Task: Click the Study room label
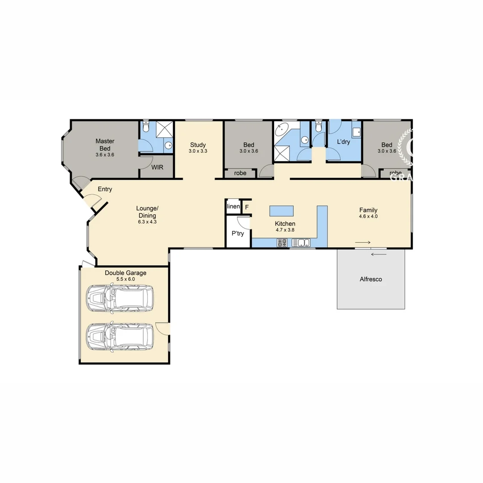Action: (x=198, y=145)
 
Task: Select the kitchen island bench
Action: (x=282, y=211)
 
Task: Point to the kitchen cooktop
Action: (x=282, y=243)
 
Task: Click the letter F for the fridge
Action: (x=246, y=207)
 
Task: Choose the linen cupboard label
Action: (x=233, y=206)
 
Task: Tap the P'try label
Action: (x=237, y=233)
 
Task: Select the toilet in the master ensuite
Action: (x=144, y=128)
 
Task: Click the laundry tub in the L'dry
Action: (x=356, y=131)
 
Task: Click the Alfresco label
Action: (x=371, y=280)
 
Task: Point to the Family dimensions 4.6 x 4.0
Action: (x=368, y=216)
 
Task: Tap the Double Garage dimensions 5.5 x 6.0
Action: (x=126, y=279)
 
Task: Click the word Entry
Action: (x=105, y=189)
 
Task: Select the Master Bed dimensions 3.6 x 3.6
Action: (x=105, y=155)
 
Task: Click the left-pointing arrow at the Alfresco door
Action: (x=378, y=255)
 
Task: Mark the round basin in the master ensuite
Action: (x=168, y=145)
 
